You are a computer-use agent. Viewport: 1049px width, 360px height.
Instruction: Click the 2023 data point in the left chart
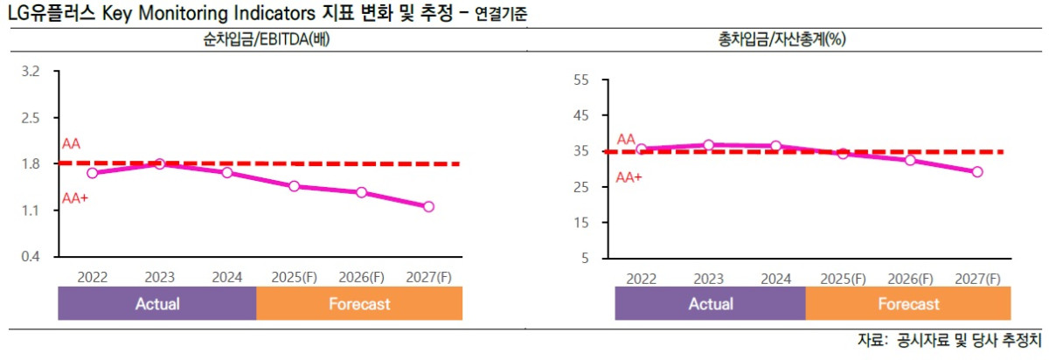click(160, 163)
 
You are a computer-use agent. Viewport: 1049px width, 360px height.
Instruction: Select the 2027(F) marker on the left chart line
click(428, 207)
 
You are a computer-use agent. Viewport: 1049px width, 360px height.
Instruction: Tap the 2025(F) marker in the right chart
click(843, 153)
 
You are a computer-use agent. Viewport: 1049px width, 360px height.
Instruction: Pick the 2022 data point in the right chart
click(642, 149)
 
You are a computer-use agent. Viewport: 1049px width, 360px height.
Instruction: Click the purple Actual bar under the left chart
click(157, 304)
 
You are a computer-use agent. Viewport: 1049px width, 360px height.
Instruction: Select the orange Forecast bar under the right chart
click(908, 304)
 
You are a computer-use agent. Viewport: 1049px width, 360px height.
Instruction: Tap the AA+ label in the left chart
click(75, 198)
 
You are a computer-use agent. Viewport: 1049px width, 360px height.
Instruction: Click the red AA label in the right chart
click(626, 139)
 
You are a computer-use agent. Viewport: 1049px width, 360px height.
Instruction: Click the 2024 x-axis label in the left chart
click(226, 277)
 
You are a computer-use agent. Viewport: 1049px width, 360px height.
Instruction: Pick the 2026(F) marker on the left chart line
click(361, 192)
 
